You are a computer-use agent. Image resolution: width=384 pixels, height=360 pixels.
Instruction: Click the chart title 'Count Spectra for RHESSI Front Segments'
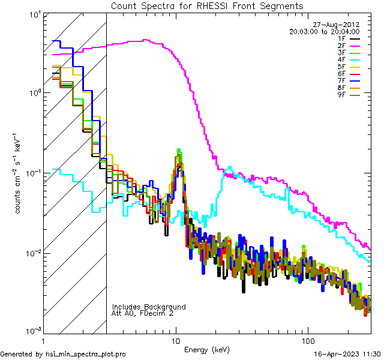point(207,5)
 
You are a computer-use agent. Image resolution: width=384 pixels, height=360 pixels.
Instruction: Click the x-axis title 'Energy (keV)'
point(207,350)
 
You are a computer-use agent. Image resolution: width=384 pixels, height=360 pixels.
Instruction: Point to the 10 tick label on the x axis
point(176,340)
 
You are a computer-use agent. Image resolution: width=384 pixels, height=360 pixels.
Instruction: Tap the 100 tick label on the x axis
point(307,340)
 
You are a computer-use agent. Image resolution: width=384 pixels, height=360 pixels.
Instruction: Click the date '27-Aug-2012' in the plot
point(340,25)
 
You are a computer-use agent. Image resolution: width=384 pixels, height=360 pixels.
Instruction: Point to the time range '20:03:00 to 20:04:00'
point(324,31)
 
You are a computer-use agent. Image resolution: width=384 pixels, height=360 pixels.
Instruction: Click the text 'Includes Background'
point(149,307)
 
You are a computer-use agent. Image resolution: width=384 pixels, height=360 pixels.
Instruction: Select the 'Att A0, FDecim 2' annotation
point(143,313)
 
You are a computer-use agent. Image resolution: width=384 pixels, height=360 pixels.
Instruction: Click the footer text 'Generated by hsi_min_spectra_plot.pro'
point(63,355)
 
